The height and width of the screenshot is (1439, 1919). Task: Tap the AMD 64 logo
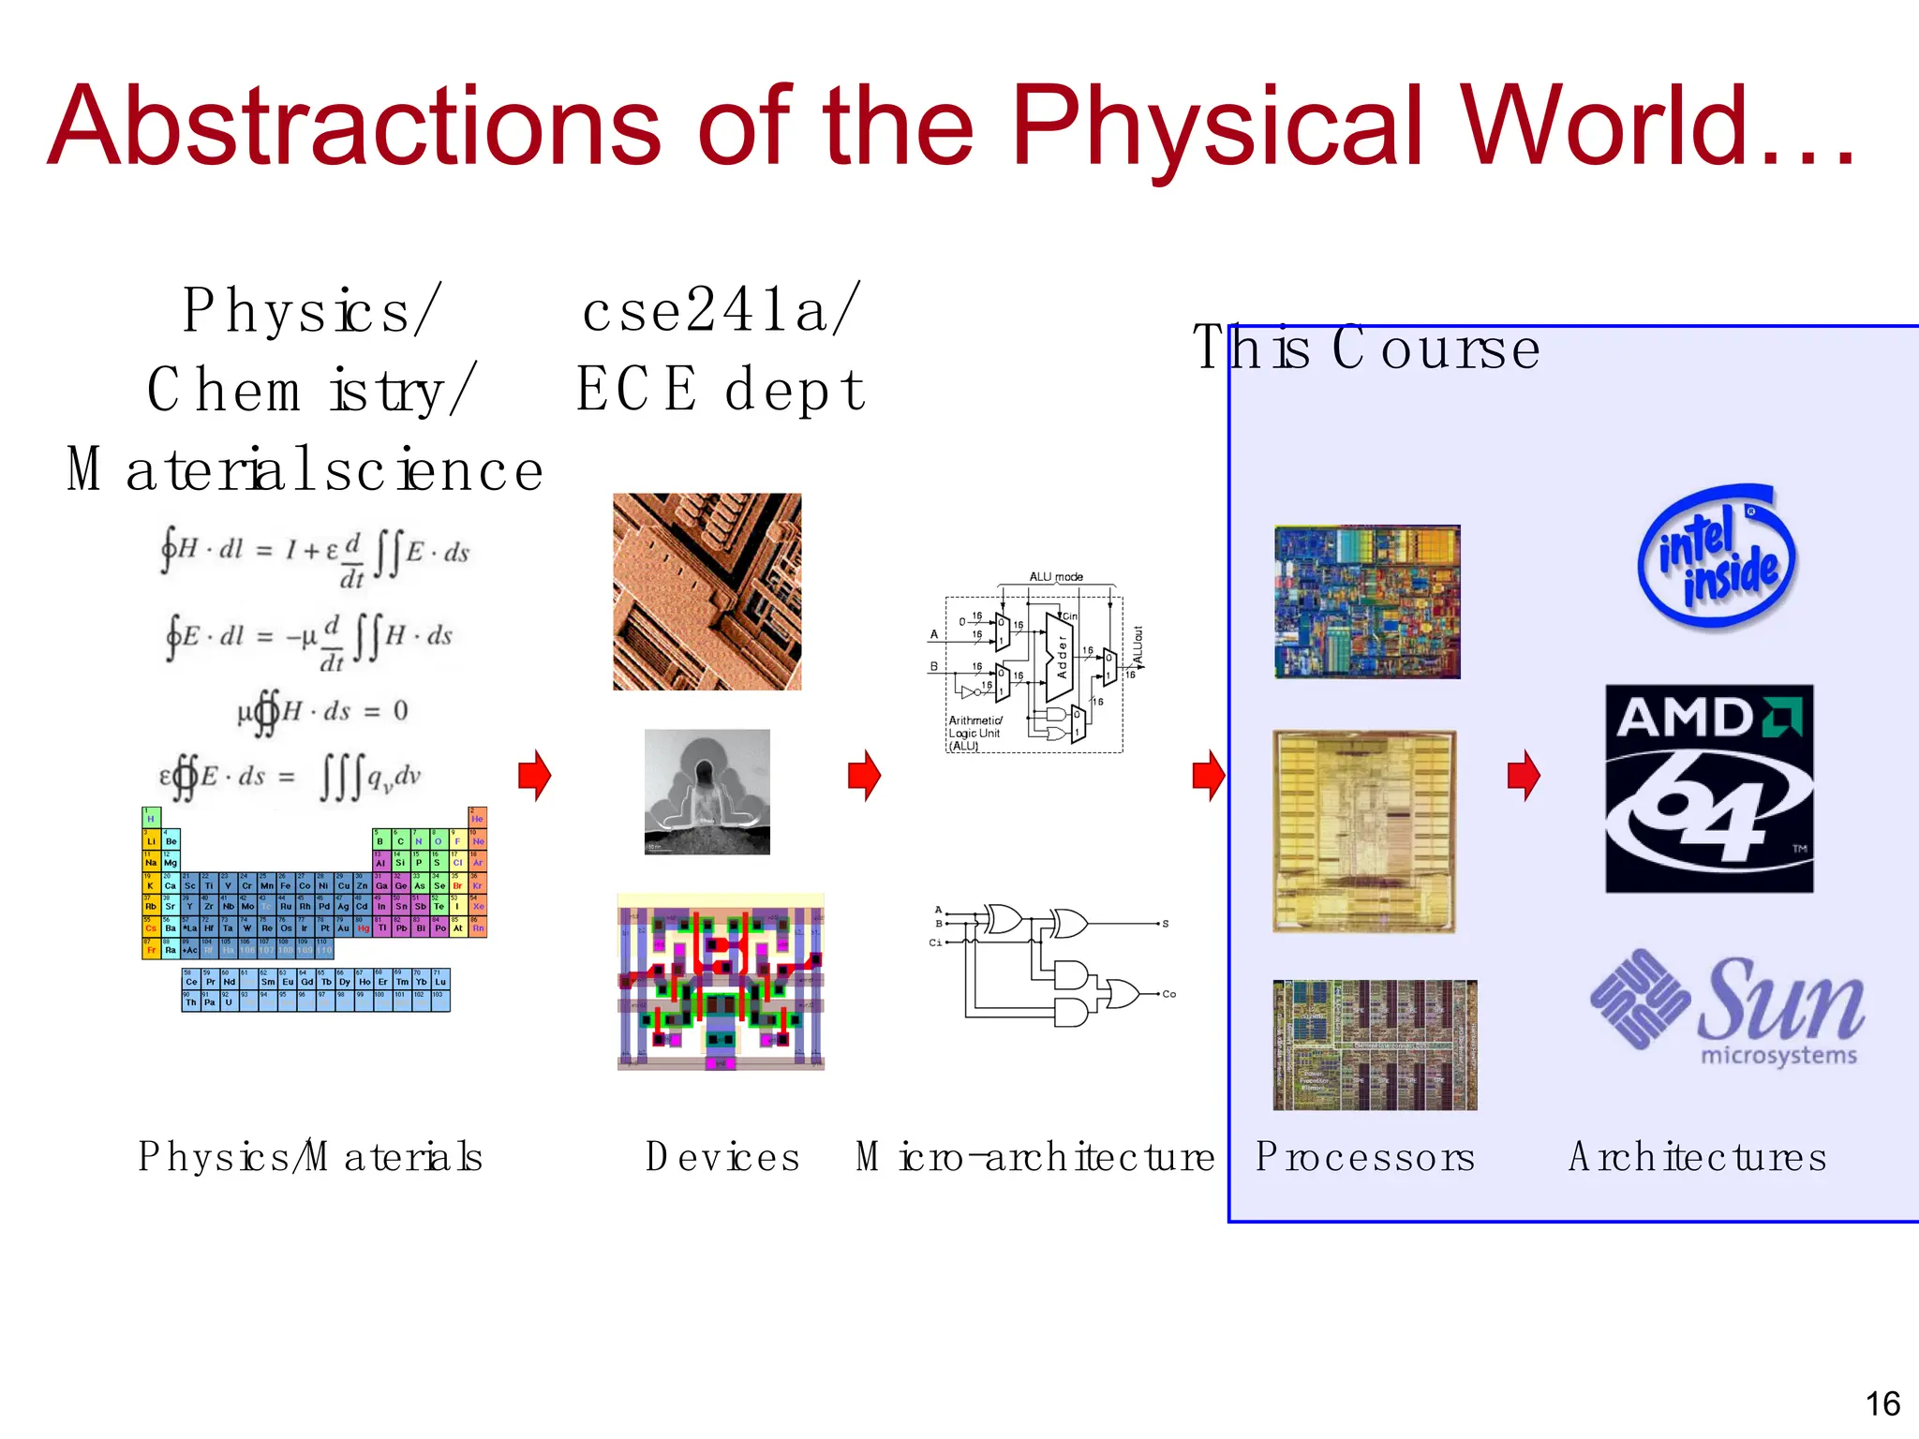point(1709,788)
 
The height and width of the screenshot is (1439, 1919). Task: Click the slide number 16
point(1882,1403)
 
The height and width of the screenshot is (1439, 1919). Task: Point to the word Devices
point(722,1157)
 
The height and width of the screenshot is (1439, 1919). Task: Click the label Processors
point(1365,1157)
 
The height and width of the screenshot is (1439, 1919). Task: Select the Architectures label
point(1697,1157)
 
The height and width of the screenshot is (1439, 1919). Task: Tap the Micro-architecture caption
point(1034,1157)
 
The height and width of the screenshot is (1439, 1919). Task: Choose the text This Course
point(1365,349)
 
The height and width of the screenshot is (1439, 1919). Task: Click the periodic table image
point(314,909)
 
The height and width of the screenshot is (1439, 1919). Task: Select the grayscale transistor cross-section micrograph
point(707,792)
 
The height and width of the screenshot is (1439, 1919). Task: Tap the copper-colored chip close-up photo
point(707,591)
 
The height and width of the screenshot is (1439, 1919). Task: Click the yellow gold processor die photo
point(1364,831)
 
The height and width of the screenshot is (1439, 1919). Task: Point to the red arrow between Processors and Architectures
point(1524,775)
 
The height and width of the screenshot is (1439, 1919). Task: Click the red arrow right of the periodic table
point(535,775)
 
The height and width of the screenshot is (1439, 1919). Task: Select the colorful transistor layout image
point(720,982)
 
